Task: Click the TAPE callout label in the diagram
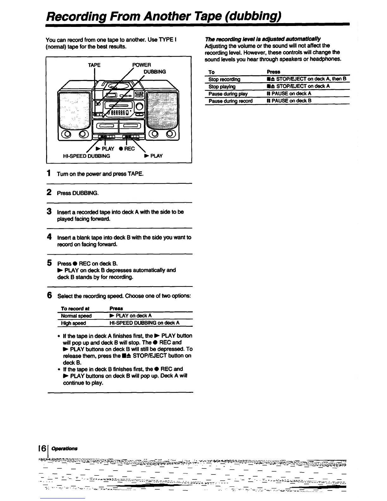pyautogui.click(x=94, y=65)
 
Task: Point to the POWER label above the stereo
pyautogui.click(x=141, y=65)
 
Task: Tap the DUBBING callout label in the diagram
pyautogui.click(x=155, y=72)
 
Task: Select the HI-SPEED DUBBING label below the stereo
pyautogui.click(x=87, y=156)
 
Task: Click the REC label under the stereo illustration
pyautogui.click(x=127, y=149)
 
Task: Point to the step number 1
pyautogui.click(x=49, y=173)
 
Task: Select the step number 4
pyautogui.click(x=49, y=237)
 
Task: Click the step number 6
pyautogui.click(x=49, y=295)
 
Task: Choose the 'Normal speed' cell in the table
pyautogui.click(x=76, y=316)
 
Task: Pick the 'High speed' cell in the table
pyautogui.click(x=73, y=323)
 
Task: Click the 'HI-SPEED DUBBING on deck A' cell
pyautogui.click(x=144, y=323)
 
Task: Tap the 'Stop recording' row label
pyautogui.click(x=224, y=79)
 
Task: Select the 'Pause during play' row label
pyautogui.click(x=228, y=94)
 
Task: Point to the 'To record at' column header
pyautogui.click(x=75, y=308)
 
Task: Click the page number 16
pyautogui.click(x=43, y=448)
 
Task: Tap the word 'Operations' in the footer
pyautogui.click(x=64, y=448)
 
